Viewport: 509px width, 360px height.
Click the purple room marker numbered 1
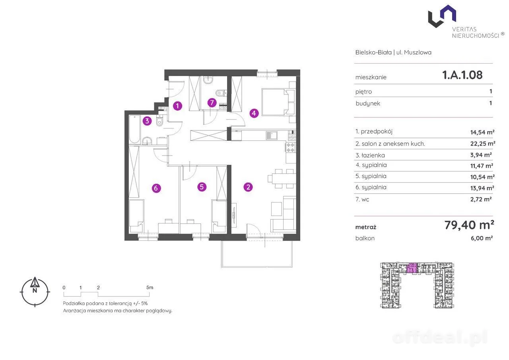(177, 106)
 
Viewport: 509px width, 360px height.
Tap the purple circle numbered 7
(212, 103)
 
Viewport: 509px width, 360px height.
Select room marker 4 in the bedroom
(254, 113)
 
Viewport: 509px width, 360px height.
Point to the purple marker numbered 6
(156, 188)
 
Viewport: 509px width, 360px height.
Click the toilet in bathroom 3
(160, 121)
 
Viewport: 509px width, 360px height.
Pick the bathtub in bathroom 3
(134, 129)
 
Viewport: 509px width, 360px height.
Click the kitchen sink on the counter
(272, 136)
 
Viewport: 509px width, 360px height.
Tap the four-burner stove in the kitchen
(291, 147)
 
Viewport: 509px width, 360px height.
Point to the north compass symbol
(35, 292)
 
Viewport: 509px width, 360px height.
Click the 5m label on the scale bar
(150, 288)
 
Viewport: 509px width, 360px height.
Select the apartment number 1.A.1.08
(462, 75)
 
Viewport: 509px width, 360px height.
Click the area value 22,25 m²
(483, 144)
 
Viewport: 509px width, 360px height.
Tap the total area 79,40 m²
(469, 225)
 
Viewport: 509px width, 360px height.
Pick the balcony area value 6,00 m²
(482, 238)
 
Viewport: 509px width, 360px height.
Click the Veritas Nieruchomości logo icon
(442, 16)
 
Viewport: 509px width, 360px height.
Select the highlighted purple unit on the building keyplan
(412, 268)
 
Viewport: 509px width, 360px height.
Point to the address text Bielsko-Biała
(373, 52)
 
